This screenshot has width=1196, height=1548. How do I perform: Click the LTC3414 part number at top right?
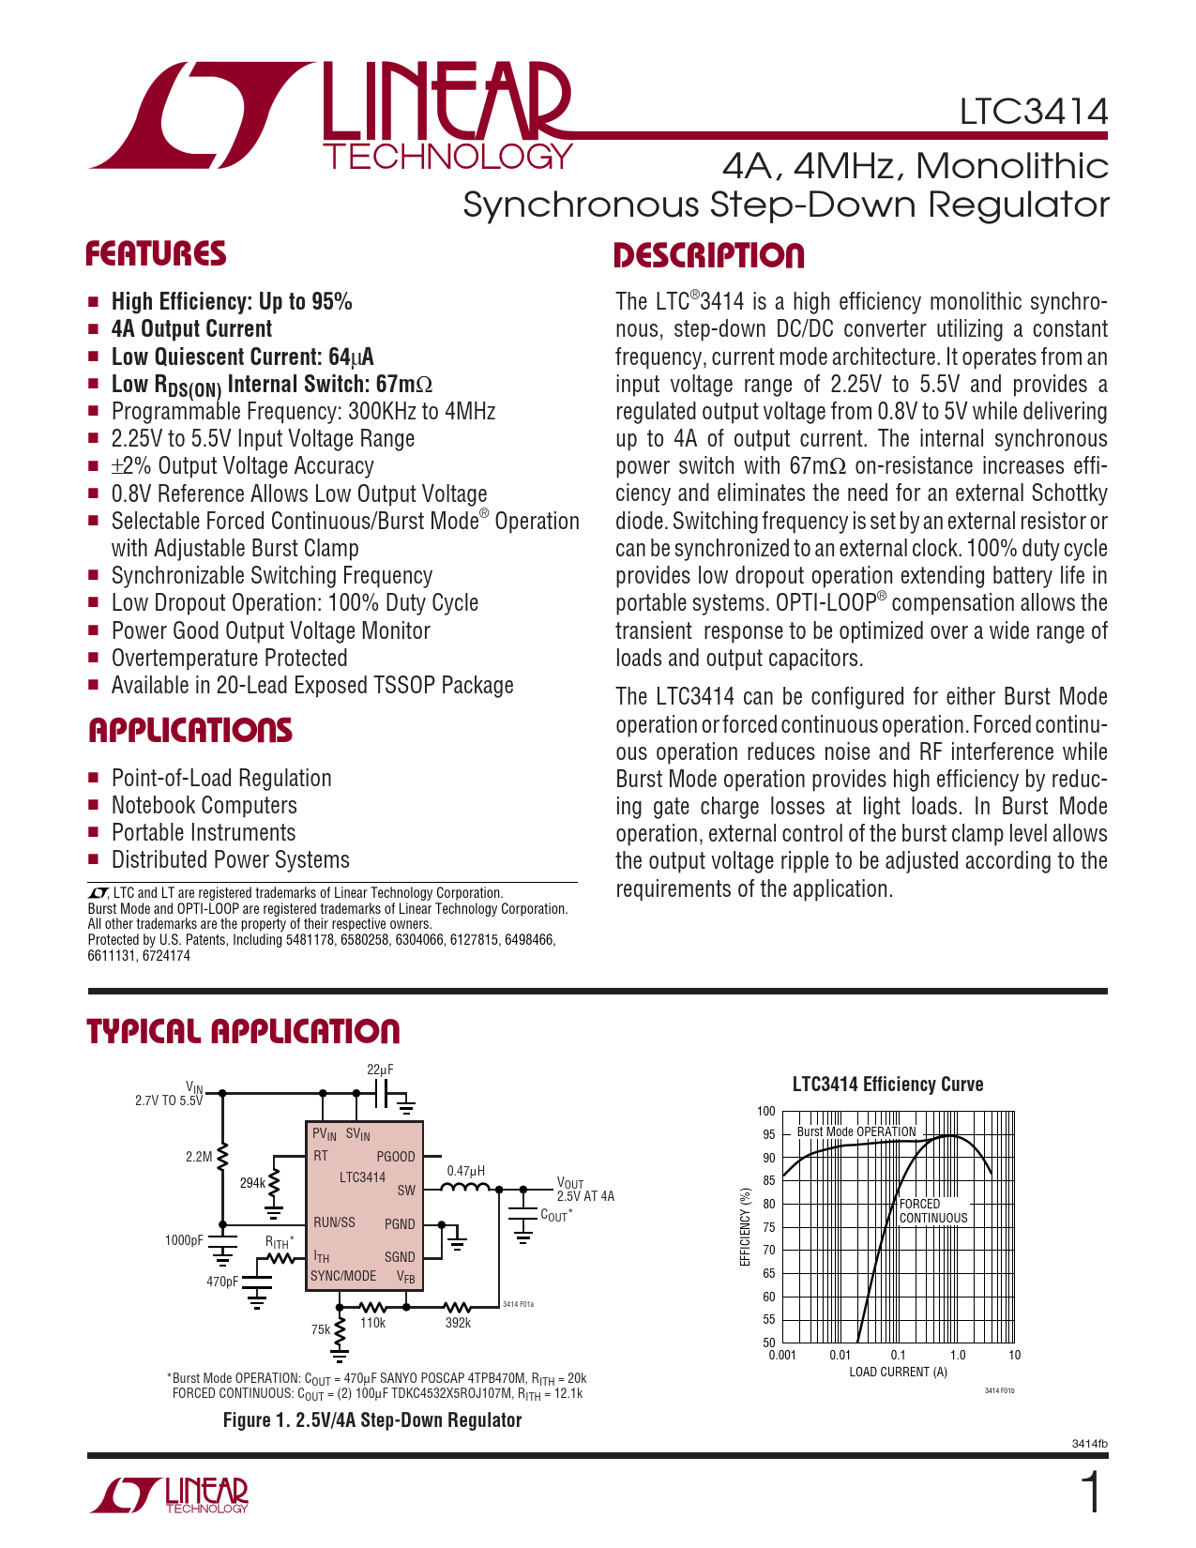point(1033,112)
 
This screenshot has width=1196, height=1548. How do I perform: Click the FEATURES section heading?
point(156,254)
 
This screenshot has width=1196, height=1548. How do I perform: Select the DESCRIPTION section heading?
point(708,256)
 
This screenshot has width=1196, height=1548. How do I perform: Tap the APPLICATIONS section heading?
point(190,731)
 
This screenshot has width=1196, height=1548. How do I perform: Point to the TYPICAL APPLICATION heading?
point(243,1031)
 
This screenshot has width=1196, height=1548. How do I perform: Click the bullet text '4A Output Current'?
point(191,329)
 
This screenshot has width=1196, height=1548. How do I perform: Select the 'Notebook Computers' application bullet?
point(204,806)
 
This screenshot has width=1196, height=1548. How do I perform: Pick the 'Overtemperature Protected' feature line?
point(229,659)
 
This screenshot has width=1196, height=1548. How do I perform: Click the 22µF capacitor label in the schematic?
point(380,1070)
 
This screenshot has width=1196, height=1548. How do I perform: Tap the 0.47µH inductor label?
point(465,1171)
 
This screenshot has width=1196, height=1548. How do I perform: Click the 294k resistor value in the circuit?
point(252,1183)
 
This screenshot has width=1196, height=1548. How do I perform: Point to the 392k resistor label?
point(458,1323)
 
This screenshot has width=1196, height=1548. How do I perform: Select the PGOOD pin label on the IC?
point(395,1157)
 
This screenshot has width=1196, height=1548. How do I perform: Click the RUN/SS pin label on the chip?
point(335,1222)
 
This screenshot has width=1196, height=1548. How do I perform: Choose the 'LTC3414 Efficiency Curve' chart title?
point(887,1085)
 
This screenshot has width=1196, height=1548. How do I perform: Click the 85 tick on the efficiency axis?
point(768,1180)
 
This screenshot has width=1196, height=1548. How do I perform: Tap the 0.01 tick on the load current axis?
point(840,1355)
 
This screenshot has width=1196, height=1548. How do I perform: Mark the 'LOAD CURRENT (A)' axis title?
point(898,1372)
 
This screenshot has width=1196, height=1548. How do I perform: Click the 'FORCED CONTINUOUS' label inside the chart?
point(932,1211)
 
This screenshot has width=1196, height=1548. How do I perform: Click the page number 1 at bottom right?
point(1091,1494)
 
